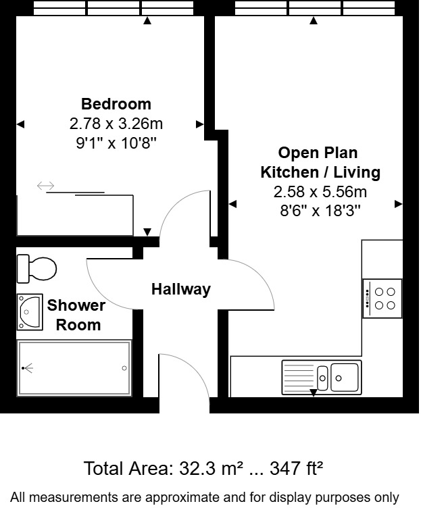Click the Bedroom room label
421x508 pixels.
(116, 104)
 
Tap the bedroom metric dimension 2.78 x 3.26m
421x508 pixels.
(116, 124)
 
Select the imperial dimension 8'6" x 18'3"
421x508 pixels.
(320, 210)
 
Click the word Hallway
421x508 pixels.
(180, 289)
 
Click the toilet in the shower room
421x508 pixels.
(36, 268)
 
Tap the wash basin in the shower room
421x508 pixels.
(30, 311)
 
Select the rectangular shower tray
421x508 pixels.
(74, 368)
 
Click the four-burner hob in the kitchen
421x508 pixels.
(382, 299)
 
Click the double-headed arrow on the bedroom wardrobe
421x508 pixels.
(46, 186)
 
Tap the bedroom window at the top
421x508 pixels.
(110, 8)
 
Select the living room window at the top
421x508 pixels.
(313, 8)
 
